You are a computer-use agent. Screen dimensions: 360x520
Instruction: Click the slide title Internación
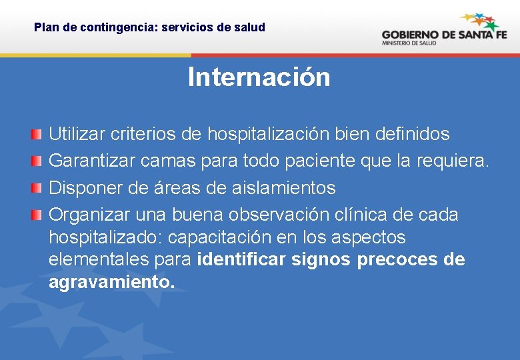pos(259,77)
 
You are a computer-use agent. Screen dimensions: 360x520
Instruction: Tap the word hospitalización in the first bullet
pos(268,134)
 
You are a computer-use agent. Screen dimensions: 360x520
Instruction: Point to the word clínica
pos(360,215)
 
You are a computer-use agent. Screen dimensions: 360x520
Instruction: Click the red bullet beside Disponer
pos(38,187)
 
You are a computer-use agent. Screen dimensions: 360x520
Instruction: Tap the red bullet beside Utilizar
pos(38,133)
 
